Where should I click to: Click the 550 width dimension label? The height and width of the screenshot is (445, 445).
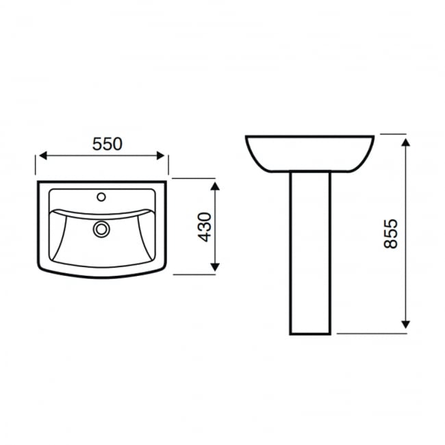pyautogui.click(x=107, y=144)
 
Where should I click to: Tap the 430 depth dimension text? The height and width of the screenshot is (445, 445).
pyautogui.click(x=204, y=227)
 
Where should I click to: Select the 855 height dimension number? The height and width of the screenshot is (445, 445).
pyautogui.click(x=391, y=234)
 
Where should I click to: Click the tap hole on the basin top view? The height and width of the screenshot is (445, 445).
pyautogui.click(x=101, y=197)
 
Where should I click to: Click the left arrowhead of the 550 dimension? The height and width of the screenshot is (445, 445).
pyautogui.click(x=42, y=155)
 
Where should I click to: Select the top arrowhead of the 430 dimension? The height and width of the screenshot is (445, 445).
pyautogui.click(x=216, y=186)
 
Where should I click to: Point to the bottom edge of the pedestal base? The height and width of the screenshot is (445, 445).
pyautogui.click(x=310, y=334)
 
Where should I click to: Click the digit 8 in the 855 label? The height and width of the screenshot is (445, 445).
pyautogui.click(x=391, y=246)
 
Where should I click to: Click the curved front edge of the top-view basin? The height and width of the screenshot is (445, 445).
pyautogui.click(x=103, y=277)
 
